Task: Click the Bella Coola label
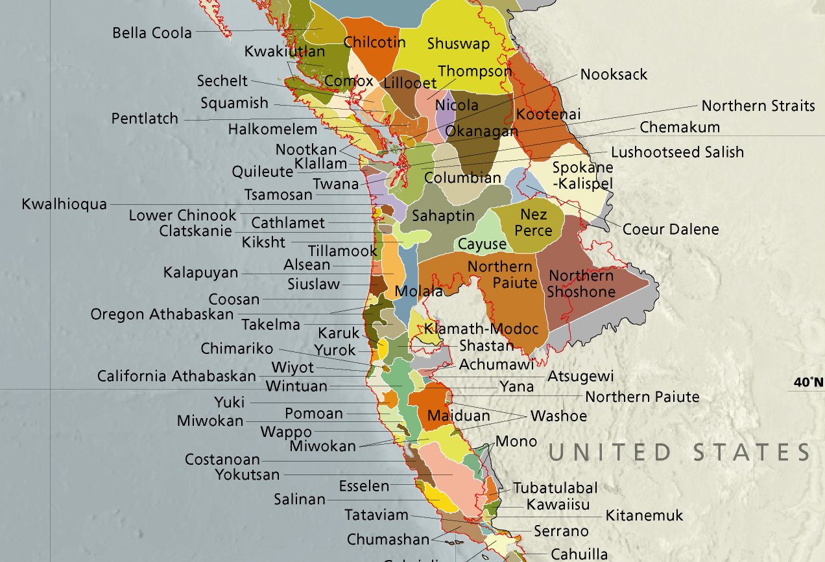[x=152, y=32]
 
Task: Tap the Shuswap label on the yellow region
[x=458, y=44]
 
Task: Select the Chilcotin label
[x=374, y=43]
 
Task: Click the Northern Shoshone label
[x=580, y=284]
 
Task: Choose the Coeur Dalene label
[x=670, y=229]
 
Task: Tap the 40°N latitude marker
[x=808, y=382]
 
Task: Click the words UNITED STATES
[x=679, y=452]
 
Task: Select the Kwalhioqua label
[x=64, y=204]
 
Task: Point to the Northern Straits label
[x=758, y=106]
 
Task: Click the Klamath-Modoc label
[x=482, y=329]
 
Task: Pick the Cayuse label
[x=481, y=244]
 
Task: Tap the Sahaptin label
[x=443, y=216]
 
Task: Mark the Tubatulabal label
[x=555, y=487]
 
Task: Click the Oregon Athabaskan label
[x=161, y=314]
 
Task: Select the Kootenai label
[x=548, y=115]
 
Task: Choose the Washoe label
[x=558, y=416]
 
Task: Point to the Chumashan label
[x=388, y=539]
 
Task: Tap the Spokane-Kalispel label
[x=582, y=175]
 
